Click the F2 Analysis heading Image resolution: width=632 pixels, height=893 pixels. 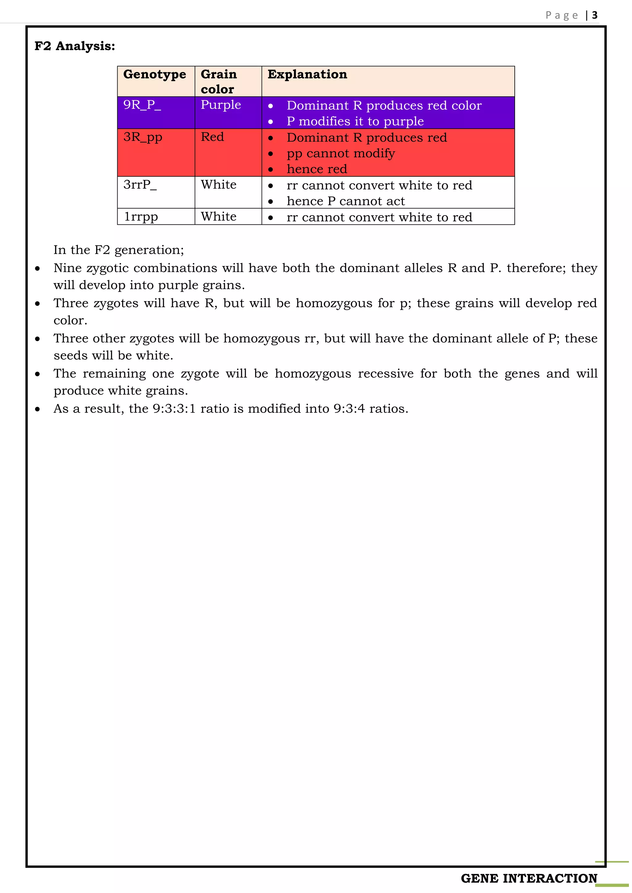(75, 46)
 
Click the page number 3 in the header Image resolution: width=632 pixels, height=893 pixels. (594, 15)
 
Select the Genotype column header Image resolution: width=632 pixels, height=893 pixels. (155, 74)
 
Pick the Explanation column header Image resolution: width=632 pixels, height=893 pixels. (307, 74)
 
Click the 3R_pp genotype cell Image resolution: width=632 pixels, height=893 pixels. (143, 137)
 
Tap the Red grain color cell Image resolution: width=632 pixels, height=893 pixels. (212, 137)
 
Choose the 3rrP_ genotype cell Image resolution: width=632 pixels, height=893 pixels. (140, 184)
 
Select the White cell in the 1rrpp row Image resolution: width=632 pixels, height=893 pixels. (218, 217)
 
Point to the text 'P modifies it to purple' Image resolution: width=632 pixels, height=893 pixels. (355, 121)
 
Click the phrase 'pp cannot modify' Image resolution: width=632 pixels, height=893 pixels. (340, 153)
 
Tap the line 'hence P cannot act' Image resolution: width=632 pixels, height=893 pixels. (346, 201)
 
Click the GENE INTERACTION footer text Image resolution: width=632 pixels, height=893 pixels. (529, 878)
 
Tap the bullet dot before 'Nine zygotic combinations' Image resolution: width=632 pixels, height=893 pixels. (37, 268)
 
